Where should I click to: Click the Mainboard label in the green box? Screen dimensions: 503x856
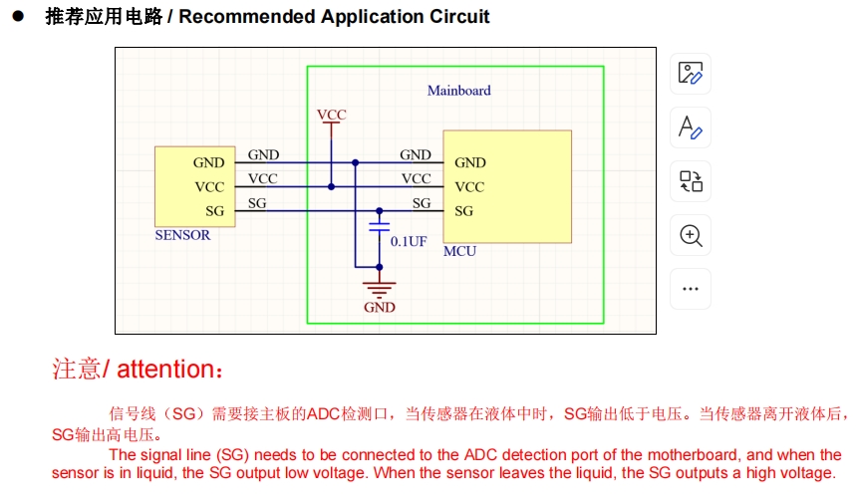(x=458, y=91)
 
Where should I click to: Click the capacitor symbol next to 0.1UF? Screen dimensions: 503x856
(x=379, y=228)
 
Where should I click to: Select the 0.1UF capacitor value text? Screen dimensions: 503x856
(x=409, y=241)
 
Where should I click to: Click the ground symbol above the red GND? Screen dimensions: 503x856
(x=379, y=289)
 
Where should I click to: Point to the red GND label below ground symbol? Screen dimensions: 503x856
(x=379, y=308)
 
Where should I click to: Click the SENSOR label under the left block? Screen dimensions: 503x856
(x=182, y=236)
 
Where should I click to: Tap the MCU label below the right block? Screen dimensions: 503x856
(x=459, y=251)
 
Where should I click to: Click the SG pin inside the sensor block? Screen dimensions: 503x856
(x=214, y=211)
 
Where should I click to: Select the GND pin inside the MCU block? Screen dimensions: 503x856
(x=469, y=162)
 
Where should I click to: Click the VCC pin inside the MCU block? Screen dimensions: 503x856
(x=469, y=187)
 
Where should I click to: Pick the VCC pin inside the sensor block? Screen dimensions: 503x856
(x=209, y=187)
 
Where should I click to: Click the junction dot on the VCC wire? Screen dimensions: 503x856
(x=331, y=186)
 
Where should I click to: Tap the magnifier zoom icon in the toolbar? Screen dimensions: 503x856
(x=691, y=235)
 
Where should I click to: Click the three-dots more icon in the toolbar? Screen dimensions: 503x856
(x=691, y=289)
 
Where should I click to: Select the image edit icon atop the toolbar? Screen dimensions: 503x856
(x=691, y=74)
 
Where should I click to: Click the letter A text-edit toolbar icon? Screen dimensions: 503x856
(x=691, y=127)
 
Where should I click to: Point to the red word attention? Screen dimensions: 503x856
(x=165, y=370)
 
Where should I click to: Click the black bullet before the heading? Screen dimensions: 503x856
(x=17, y=17)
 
